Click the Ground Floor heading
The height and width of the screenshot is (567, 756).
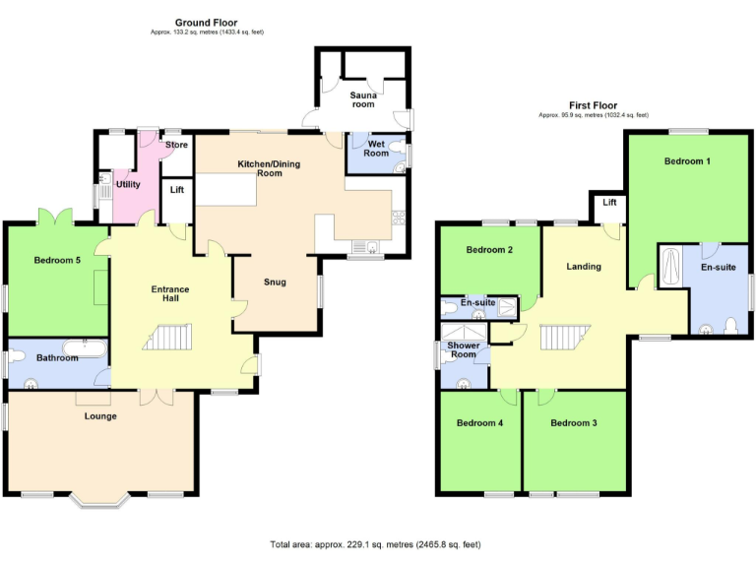pyautogui.click(x=206, y=22)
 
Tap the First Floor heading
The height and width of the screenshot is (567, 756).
pyautogui.click(x=593, y=104)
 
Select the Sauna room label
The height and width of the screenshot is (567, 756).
pyautogui.click(x=363, y=98)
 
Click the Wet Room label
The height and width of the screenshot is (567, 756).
pyautogui.click(x=376, y=149)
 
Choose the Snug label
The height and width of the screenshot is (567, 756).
pyautogui.click(x=275, y=283)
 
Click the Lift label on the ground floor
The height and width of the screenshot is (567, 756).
pyautogui.click(x=177, y=190)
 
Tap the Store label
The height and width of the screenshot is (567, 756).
pyautogui.click(x=176, y=146)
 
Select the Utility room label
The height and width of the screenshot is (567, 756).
pyautogui.click(x=128, y=184)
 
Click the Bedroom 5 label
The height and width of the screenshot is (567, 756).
pyautogui.click(x=57, y=260)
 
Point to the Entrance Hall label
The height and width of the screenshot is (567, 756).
pyautogui.click(x=169, y=294)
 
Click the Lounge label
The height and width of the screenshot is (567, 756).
pyautogui.click(x=100, y=416)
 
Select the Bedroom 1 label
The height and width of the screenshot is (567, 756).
pyautogui.click(x=687, y=160)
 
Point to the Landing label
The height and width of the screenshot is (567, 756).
pyautogui.click(x=583, y=267)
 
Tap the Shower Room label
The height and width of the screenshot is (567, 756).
pyautogui.click(x=463, y=350)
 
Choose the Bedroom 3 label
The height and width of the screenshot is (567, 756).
pyautogui.click(x=574, y=423)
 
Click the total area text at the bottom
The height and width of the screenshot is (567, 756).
pyautogui.click(x=376, y=544)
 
